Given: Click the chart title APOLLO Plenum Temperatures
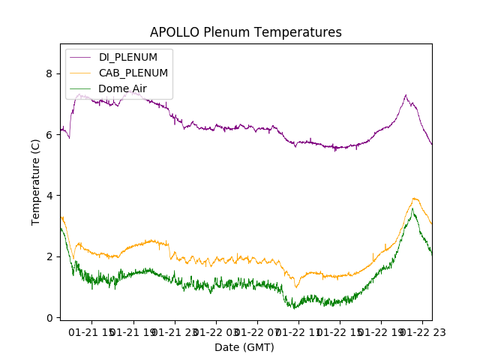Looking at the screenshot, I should pyautogui.click(x=245, y=32).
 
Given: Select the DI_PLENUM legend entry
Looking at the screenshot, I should pyautogui.click(x=127, y=57).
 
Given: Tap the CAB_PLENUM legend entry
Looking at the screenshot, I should pyautogui.click(x=133, y=73).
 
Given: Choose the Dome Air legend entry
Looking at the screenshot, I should pyautogui.click(x=122, y=88).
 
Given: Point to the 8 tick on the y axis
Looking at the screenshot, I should pyautogui.click(x=49, y=73).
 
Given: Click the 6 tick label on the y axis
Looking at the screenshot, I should pyautogui.click(x=49, y=135).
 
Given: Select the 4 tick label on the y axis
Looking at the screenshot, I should pyautogui.click(x=49, y=196).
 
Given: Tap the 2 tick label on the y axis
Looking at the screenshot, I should pyautogui.click(x=49, y=256).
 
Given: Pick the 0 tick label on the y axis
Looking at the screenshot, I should pyautogui.click(x=49, y=318).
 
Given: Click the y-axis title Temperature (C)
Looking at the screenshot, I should pyautogui.click(x=36, y=181).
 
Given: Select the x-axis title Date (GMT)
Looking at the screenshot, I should pyautogui.click(x=244, y=347).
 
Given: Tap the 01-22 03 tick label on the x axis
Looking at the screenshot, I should pyautogui.click(x=216, y=332).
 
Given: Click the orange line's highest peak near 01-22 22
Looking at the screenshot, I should pyautogui.click(x=414, y=199).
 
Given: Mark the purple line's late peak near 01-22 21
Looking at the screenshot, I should pyautogui.click(x=406, y=95).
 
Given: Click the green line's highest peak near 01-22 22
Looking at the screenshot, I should pyautogui.click(x=412, y=209).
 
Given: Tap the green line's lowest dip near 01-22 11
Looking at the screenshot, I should pyautogui.click(x=295, y=308).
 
